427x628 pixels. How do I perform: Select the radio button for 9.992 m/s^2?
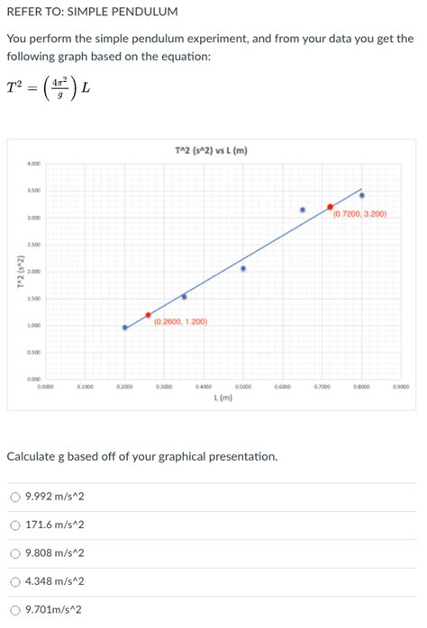(x=15, y=497)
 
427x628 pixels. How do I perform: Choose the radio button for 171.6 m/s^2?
(x=15, y=525)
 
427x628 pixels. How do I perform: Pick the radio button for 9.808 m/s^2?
(x=15, y=553)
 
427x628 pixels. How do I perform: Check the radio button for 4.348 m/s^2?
(x=15, y=581)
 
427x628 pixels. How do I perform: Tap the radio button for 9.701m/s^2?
(x=15, y=609)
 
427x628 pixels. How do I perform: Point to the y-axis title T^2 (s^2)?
(x=14, y=272)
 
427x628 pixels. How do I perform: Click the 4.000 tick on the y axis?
(x=33, y=164)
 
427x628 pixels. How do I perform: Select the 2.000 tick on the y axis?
(x=33, y=272)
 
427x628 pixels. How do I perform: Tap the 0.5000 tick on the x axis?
(x=243, y=386)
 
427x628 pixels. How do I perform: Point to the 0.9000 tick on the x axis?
(x=401, y=386)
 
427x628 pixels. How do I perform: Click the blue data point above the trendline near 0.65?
(x=303, y=210)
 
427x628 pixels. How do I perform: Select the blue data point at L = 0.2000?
(x=125, y=327)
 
